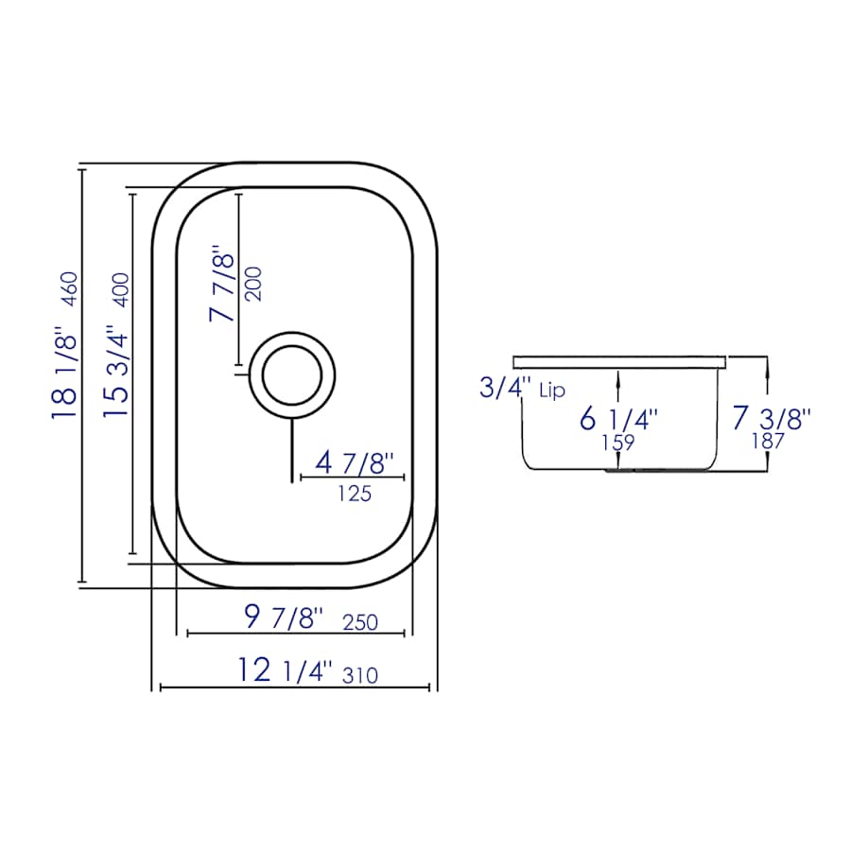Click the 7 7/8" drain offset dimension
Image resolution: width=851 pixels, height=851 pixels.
click(x=222, y=287)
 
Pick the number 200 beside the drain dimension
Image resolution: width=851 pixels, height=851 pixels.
click(x=253, y=283)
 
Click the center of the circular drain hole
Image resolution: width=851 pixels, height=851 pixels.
click(x=294, y=373)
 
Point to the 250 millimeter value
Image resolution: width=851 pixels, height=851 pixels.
click(x=360, y=622)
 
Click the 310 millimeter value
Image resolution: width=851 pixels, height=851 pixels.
click(x=361, y=675)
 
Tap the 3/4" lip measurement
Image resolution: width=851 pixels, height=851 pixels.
click(x=501, y=387)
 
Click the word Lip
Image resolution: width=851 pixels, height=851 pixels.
click(x=552, y=391)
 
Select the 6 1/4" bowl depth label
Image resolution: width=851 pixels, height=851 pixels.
click(x=619, y=417)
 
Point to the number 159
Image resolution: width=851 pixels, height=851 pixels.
click(x=617, y=442)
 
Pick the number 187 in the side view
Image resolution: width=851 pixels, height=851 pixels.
click(x=767, y=440)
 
